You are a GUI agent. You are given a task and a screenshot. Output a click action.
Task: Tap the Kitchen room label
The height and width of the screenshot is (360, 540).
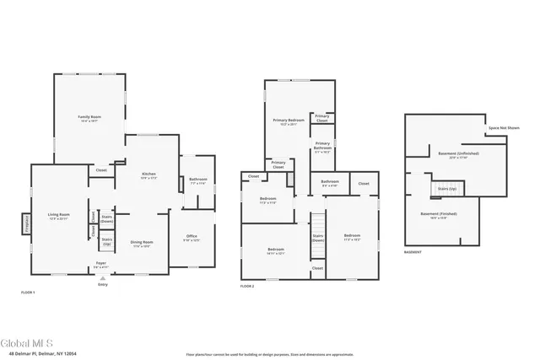[148, 175]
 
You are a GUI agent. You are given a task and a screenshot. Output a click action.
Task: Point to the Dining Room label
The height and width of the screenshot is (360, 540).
[141, 244]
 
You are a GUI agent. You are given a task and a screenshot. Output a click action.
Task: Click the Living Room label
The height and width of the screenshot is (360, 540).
[58, 218]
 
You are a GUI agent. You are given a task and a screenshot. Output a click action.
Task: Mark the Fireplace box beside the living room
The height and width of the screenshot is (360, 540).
[24, 225]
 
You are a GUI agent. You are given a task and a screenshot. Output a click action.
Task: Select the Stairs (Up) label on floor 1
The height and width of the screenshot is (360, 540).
[107, 241]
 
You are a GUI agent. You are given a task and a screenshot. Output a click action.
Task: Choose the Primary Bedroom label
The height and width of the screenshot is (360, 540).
[288, 121]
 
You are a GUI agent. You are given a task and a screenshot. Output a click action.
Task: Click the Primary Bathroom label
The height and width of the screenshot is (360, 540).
[322, 148]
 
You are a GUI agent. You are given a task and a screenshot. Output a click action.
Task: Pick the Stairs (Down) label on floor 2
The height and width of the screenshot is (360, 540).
[318, 239]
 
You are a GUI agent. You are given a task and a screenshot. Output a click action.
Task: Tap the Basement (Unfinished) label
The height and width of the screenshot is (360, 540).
[458, 155]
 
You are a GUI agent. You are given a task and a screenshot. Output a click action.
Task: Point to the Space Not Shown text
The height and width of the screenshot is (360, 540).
[504, 128]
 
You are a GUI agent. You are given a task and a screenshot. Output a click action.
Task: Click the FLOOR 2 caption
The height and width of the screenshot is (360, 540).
[246, 287]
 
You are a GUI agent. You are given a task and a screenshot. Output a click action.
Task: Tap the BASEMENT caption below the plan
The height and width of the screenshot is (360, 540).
[413, 252]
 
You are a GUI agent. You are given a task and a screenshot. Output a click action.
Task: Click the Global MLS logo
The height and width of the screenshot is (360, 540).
[27, 343]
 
